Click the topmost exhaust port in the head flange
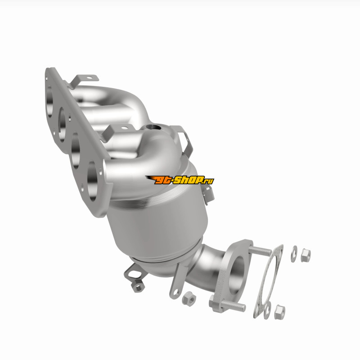pyautogui.click(x=50, y=101)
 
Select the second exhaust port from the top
pyautogui.click(x=62, y=125)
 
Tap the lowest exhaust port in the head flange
pyautogui.click(x=92, y=181)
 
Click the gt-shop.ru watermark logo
pyautogui.click(x=180, y=180)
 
